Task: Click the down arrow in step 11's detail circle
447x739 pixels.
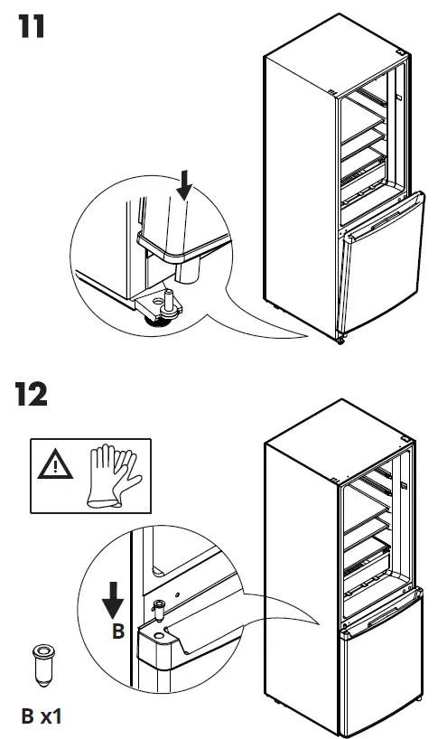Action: (x=186, y=187)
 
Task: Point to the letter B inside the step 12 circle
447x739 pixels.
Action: (x=117, y=632)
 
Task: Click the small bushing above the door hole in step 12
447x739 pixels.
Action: (x=160, y=612)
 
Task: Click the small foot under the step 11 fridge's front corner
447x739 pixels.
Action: (x=340, y=341)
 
